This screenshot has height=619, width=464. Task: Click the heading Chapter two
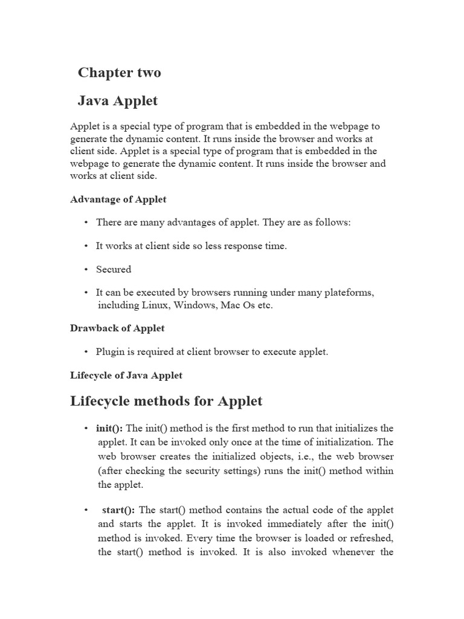click(119, 73)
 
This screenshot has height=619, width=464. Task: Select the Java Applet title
click(117, 101)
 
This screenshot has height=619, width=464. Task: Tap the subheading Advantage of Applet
click(118, 199)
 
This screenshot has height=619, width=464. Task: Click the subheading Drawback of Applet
click(117, 328)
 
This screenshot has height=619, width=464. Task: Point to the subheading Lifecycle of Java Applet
click(126, 375)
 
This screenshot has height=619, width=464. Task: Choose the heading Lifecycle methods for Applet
click(166, 401)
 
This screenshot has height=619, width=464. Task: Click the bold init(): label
click(109, 429)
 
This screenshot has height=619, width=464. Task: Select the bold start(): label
click(118, 511)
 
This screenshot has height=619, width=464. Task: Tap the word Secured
click(114, 270)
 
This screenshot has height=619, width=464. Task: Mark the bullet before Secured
click(87, 270)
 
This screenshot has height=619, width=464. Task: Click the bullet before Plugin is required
click(87, 352)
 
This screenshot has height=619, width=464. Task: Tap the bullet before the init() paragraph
click(87, 429)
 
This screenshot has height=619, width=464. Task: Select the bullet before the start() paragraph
click(87, 511)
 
